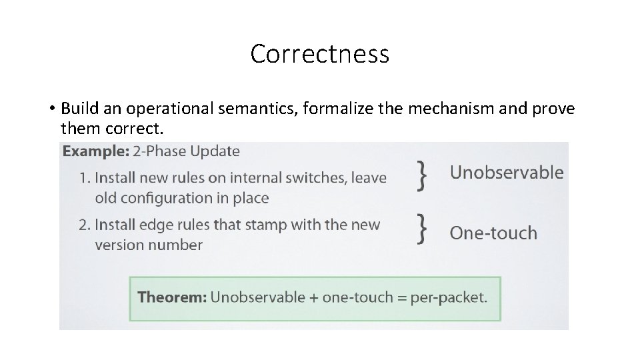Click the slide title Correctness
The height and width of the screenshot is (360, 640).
[319, 54]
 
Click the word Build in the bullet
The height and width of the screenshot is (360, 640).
[77, 108]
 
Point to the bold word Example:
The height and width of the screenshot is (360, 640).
[96, 151]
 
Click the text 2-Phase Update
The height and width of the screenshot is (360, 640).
[186, 151]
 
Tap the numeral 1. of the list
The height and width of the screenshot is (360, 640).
[85, 178]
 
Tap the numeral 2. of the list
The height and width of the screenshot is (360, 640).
[85, 225]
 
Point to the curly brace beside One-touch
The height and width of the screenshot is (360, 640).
[421, 228]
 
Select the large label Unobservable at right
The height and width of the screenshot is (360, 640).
[507, 173]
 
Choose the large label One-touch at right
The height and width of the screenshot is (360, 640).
[493, 233]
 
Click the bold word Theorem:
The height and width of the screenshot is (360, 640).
[172, 297]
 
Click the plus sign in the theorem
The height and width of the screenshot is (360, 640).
[313, 297]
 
